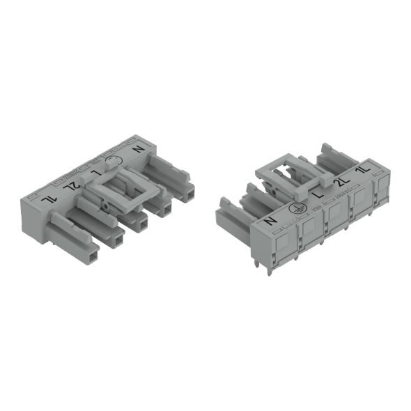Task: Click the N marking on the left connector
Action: coord(137,149)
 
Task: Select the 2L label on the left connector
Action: coord(69,185)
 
